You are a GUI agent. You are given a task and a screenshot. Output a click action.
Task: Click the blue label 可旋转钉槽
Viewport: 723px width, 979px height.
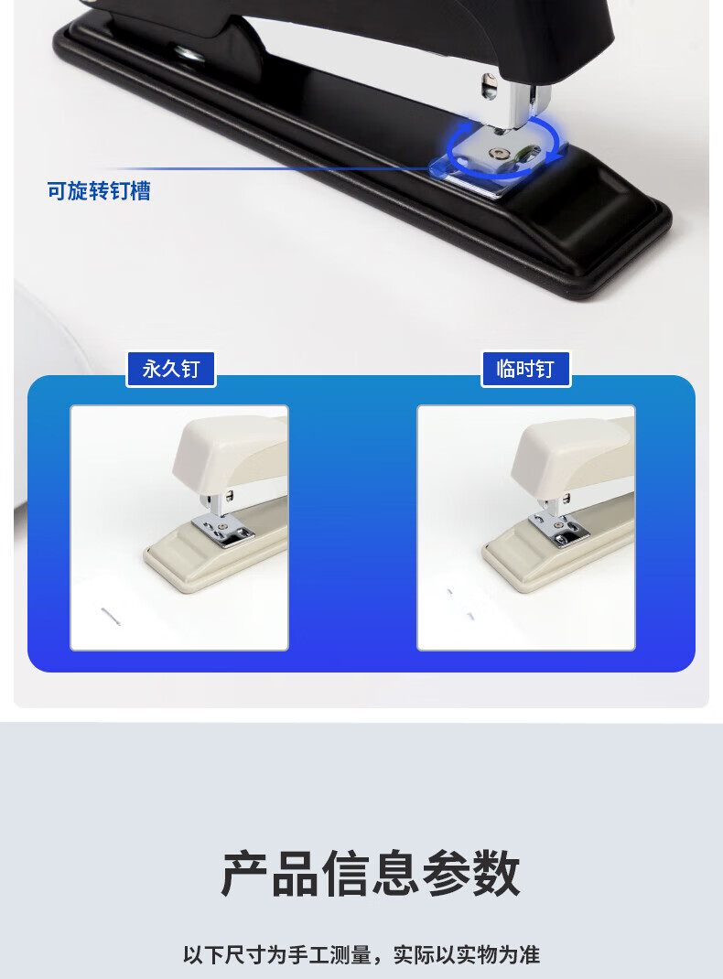coord(99,191)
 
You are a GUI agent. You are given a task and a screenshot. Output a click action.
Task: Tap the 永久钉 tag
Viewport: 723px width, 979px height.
coord(171,369)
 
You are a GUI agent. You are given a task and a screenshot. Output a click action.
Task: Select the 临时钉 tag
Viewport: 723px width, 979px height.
coord(525,369)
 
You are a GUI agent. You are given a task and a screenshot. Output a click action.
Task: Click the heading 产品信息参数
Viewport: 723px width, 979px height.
coord(371,873)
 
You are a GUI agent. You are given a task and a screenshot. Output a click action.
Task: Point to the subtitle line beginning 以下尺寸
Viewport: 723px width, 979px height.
coord(361,954)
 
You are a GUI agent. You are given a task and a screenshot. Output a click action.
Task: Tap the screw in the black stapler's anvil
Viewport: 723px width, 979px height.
coord(498,154)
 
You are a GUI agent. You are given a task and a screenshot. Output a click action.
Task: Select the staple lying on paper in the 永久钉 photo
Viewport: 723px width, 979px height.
coord(111,615)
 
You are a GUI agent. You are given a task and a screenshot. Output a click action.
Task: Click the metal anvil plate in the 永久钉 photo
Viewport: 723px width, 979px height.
coord(222,531)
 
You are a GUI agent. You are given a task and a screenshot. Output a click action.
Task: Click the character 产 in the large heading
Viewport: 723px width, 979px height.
coord(244,873)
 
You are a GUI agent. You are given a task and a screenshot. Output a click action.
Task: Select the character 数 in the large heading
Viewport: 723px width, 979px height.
coord(497,873)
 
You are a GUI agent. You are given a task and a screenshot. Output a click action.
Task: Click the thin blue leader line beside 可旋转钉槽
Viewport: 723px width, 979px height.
coord(268,168)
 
